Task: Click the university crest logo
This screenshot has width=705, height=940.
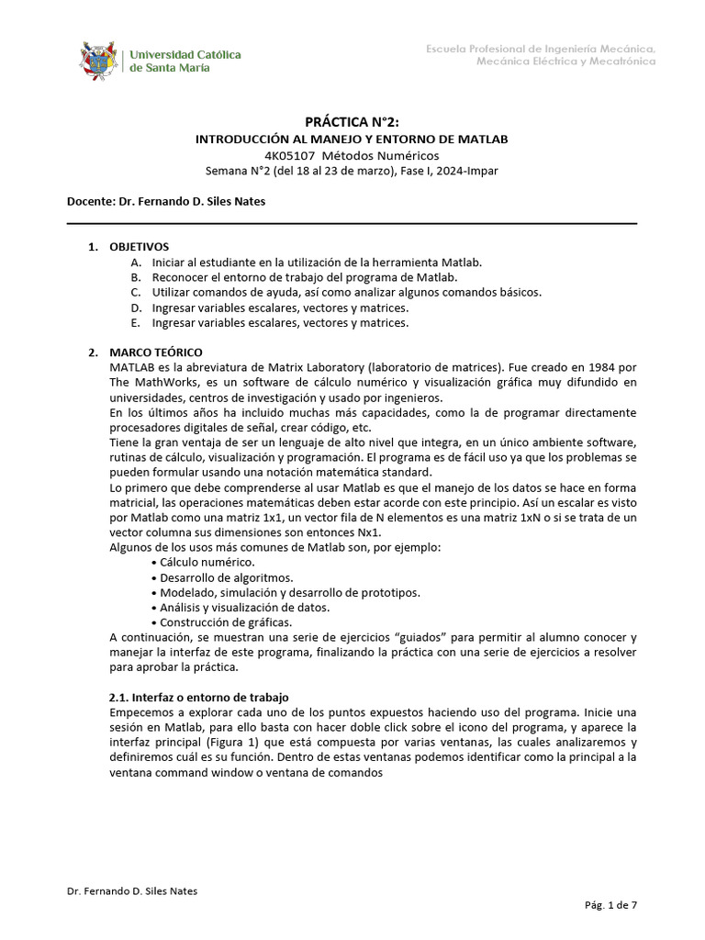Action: (99, 60)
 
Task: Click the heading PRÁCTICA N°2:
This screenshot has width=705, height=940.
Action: (352, 122)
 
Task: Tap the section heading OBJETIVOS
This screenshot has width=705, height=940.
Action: (139, 247)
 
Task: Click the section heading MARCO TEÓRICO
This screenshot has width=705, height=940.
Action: (156, 352)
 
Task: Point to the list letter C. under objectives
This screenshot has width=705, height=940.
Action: (136, 292)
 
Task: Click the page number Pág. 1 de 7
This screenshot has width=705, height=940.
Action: (610, 905)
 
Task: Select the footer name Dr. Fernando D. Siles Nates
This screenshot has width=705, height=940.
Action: (132, 890)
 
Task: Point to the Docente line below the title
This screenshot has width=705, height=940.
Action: (166, 201)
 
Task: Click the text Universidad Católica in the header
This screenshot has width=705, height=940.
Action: (185, 54)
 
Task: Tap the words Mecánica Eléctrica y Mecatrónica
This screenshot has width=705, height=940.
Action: (565, 62)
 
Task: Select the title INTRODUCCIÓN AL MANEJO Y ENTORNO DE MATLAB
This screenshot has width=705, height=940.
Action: (352, 139)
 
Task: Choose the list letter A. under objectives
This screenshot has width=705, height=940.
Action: (136, 263)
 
